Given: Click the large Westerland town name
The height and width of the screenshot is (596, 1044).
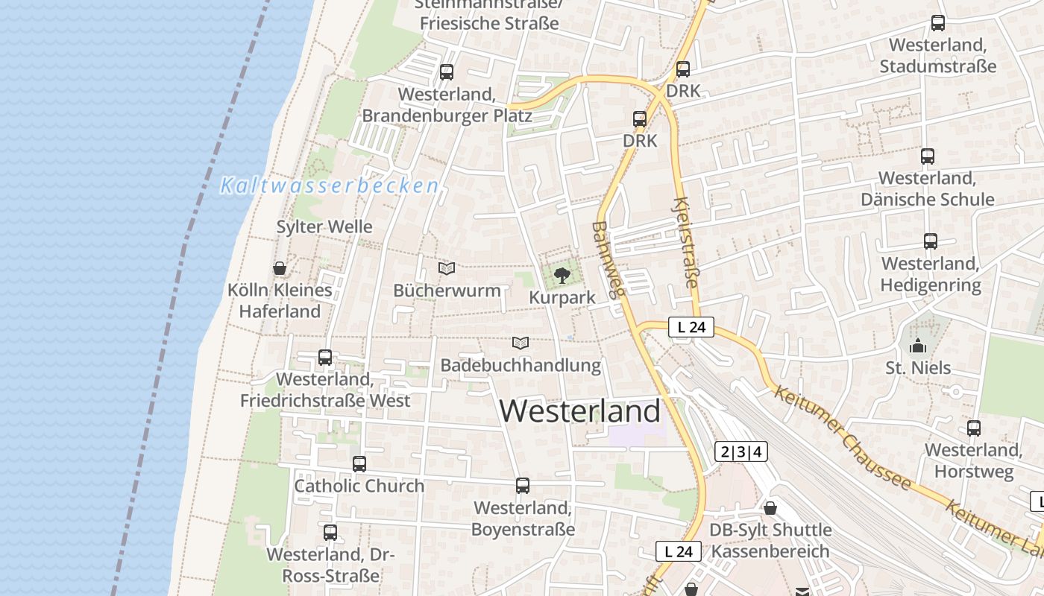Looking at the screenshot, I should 580,411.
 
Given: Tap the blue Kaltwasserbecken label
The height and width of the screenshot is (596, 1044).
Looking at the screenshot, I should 329,186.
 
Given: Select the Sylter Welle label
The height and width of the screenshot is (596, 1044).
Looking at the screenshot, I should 324,226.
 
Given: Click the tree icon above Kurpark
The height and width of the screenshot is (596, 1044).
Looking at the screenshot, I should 562,276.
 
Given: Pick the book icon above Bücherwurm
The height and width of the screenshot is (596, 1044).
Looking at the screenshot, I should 447,268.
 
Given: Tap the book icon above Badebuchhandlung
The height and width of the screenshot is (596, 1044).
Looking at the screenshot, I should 521,343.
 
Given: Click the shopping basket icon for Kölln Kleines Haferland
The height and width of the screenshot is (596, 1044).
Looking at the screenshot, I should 280,268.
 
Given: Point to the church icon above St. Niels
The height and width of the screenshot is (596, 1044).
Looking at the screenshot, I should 918,346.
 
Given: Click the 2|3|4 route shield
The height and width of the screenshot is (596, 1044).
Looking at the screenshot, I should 741,451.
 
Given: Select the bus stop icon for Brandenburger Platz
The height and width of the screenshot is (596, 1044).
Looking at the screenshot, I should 447,72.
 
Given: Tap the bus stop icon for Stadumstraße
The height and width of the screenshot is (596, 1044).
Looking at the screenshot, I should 938,23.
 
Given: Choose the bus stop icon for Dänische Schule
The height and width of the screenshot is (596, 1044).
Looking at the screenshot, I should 928,156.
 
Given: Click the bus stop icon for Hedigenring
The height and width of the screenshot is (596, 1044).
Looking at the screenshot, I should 931,241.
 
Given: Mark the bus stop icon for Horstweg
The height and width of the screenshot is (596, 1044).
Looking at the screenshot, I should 974,428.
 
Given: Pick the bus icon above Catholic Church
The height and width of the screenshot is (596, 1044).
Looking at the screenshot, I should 359,464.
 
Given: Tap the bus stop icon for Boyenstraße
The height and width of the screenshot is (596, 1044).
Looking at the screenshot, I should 523,486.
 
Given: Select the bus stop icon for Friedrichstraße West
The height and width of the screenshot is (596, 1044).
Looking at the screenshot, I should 325,358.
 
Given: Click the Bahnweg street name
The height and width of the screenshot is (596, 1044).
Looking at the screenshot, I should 608,260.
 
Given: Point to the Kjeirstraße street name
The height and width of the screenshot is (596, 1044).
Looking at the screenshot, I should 687,242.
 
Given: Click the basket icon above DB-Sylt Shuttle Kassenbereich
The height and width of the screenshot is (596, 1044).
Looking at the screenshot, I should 770,508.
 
